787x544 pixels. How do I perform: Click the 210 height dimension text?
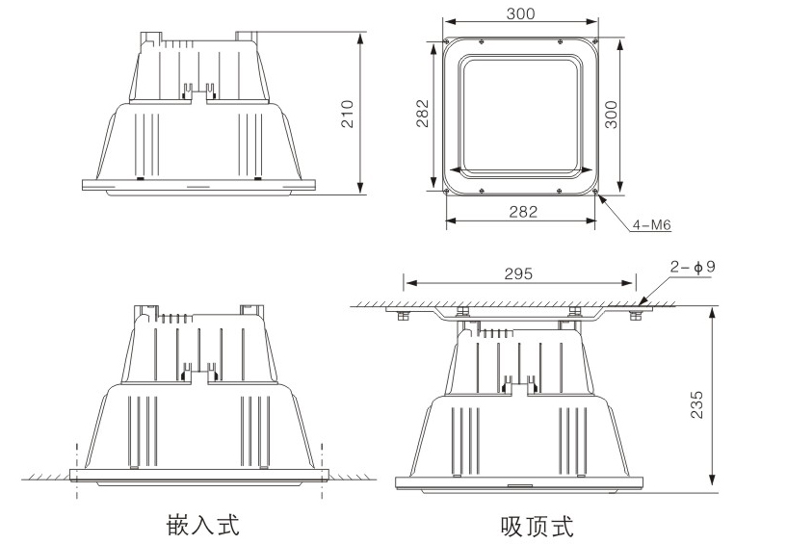click(x=349, y=115)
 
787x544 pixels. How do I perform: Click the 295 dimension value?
click(x=518, y=274)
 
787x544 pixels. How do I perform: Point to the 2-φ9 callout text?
click(x=694, y=267)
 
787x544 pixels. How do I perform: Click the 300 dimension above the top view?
click(x=520, y=14)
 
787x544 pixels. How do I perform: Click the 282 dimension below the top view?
click(x=521, y=213)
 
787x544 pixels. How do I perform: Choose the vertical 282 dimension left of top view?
click(x=423, y=115)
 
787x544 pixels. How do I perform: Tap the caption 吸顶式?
click(x=536, y=526)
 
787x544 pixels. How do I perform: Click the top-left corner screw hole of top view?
click(x=449, y=40)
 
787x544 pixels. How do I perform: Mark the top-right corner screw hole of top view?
click(x=595, y=40)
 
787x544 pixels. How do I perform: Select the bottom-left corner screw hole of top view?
click(x=449, y=189)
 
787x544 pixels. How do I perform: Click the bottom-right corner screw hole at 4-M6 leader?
click(x=595, y=189)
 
